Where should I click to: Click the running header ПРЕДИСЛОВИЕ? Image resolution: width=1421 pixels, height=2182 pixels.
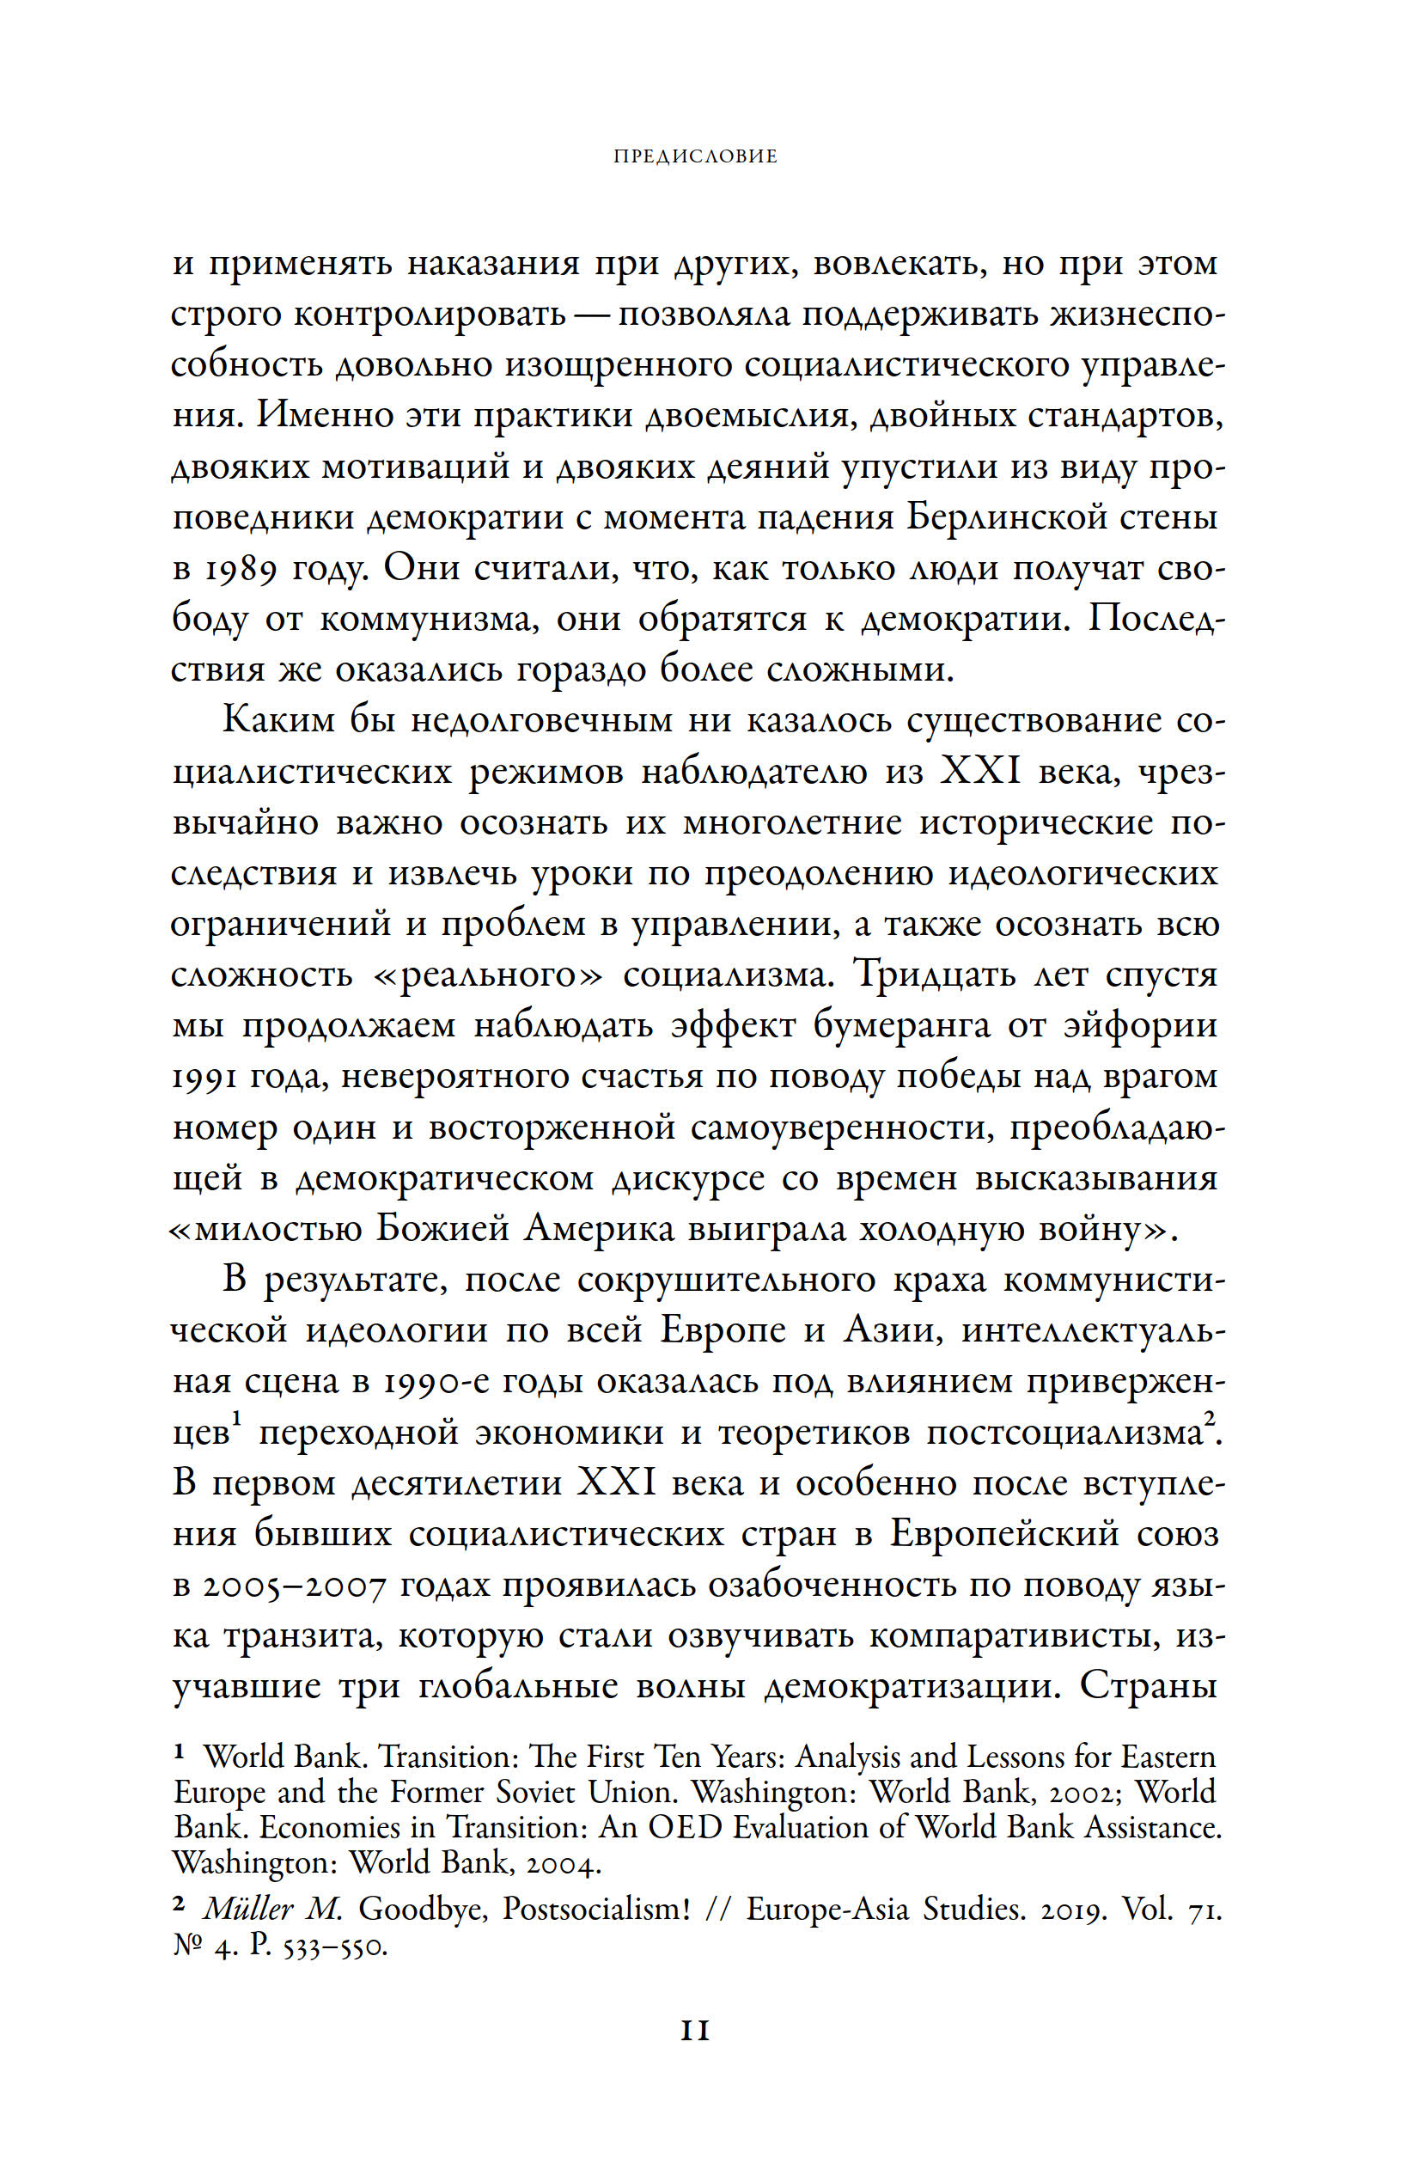click(695, 156)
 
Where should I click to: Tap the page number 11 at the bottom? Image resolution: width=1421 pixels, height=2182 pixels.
click(696, 2032)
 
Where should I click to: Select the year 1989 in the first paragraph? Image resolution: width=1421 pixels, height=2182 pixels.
click(240, 569)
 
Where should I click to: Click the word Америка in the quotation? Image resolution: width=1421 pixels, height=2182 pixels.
click(599, 1230)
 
